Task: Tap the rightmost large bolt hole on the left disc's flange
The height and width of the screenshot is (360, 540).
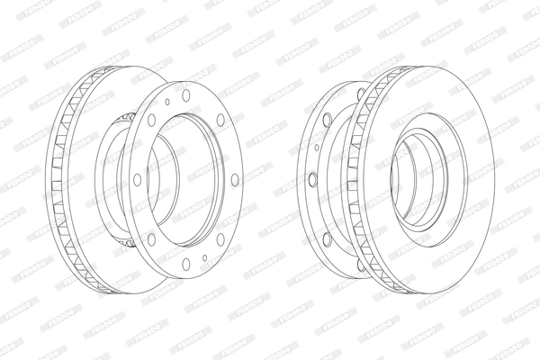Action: coord(235,180)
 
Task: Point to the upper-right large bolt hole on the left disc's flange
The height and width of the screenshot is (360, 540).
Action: coord(220,118)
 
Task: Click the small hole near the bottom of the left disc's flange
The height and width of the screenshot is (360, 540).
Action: coord(205,259)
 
